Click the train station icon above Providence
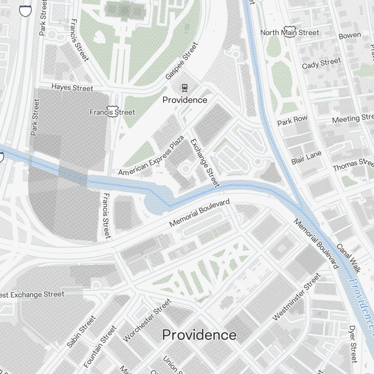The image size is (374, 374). (x=184, y=88)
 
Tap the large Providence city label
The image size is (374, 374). (x=199, y=335)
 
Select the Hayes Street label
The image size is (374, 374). (x=72, y=88)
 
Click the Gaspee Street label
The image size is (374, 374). (x=181, y=61)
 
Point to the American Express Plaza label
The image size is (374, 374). (x=151, y=156)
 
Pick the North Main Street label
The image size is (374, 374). (x=290, y=33)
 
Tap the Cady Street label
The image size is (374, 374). (x=321, y=63)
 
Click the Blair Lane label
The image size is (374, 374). (x=306, y=158)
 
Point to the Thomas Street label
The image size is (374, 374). (x=353, y=165)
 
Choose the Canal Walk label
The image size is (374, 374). (x=348, y=258)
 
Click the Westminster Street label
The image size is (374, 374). (x=297, y=297)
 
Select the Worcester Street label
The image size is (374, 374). (x=147, y=320)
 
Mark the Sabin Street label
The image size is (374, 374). (x=81, y=332)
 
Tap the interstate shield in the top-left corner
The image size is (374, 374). (x=25, y=10)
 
